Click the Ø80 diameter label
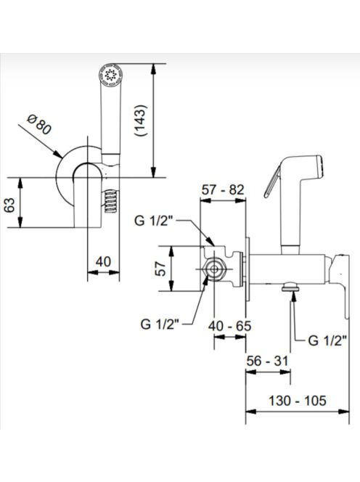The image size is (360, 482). point(39,124)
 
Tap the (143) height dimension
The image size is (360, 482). point(141,120)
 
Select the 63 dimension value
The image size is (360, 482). point(9,205)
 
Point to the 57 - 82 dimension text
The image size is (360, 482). point(223,189)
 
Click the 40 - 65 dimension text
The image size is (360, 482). point(229,326)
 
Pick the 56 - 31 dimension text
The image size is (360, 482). point(268,361)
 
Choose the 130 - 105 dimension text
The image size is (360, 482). point(298,401)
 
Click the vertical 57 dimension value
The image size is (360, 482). point(160,269)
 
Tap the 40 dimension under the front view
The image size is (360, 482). point(103,262)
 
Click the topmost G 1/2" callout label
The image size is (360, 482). point(154,221)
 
